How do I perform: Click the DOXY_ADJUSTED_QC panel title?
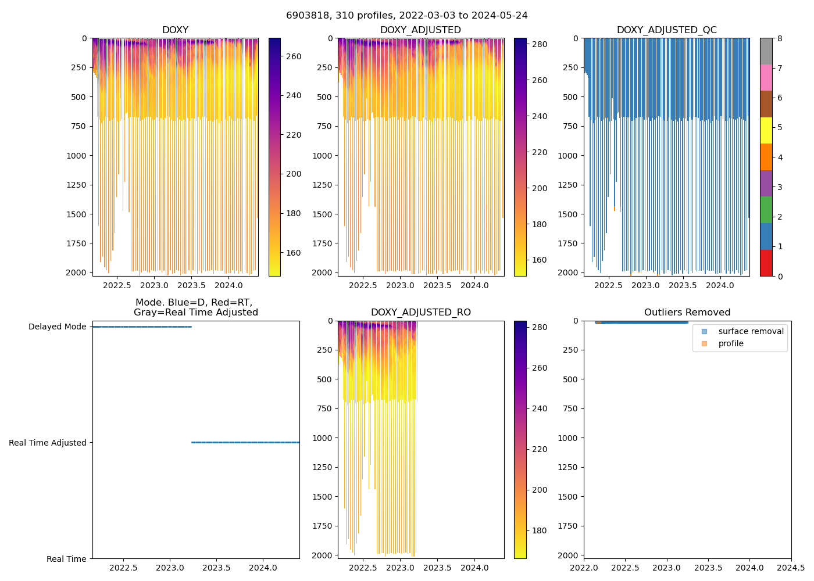666,30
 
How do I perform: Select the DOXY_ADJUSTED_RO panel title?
421,313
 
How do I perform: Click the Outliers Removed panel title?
687,313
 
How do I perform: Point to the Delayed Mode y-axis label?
57,327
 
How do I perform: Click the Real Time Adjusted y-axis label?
47,443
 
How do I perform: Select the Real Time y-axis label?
66,559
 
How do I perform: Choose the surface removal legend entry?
751,331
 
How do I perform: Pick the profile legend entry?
731,343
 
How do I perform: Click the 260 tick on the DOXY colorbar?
294,56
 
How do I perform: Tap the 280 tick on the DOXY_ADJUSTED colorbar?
540,44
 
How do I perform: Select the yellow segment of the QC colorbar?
766,130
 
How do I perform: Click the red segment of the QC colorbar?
766,263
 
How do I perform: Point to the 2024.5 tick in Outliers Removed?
791,567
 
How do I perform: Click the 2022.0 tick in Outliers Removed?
584,567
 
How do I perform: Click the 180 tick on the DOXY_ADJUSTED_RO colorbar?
540,530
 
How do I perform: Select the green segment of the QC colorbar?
766,210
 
